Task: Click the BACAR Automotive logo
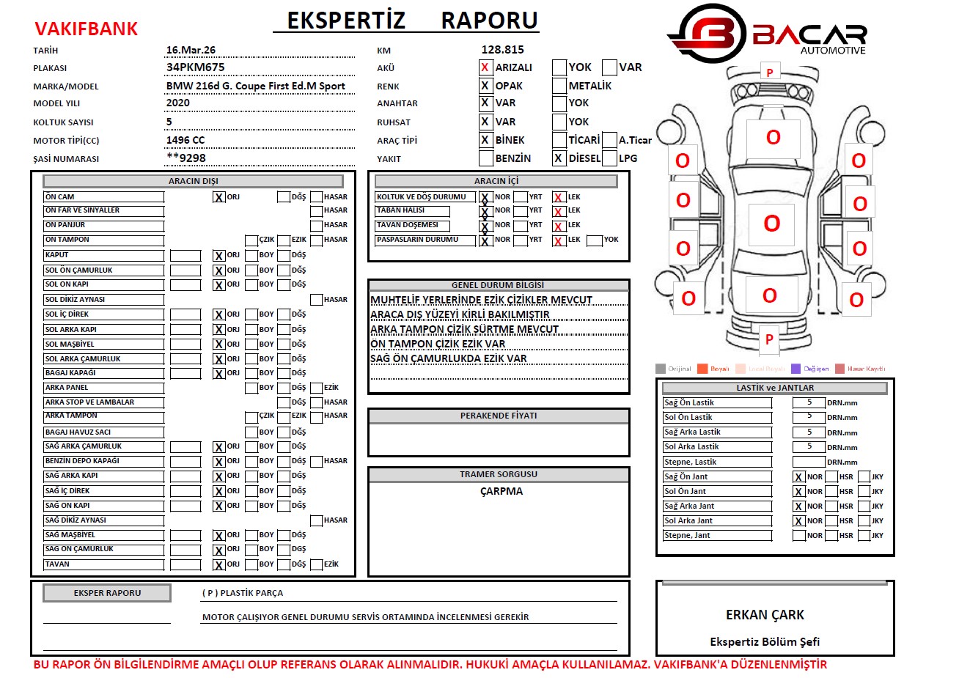(x=767, y=34)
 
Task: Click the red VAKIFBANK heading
(x=86, y=29)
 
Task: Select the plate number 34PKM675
(x=195, y=67)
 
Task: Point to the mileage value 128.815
(x=502, y=50)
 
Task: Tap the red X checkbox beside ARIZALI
(x=485, y=67)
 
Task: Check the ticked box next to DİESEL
(x=559, y=158)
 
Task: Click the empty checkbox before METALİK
(x=559, y=86)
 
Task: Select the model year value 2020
(x=177, y=103)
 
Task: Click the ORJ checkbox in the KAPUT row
(x=218, y=256)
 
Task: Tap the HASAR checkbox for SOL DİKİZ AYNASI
(x=316, y=300)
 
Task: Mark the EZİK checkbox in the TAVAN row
(x=316, y=564)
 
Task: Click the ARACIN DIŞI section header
(x=193, y=181)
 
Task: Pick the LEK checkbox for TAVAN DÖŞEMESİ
(x=559, y=226)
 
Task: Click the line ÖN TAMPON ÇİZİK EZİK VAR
(x=437, y=344)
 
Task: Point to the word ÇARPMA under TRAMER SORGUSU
(x=501, y=491)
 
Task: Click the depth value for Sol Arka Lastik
(x=809, y=446)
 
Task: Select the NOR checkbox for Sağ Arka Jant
(x=798, y=506)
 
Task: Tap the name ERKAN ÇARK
(x=765, y=615)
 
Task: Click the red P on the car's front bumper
(x=770, y=73)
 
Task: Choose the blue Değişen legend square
(x=796, y=369)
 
